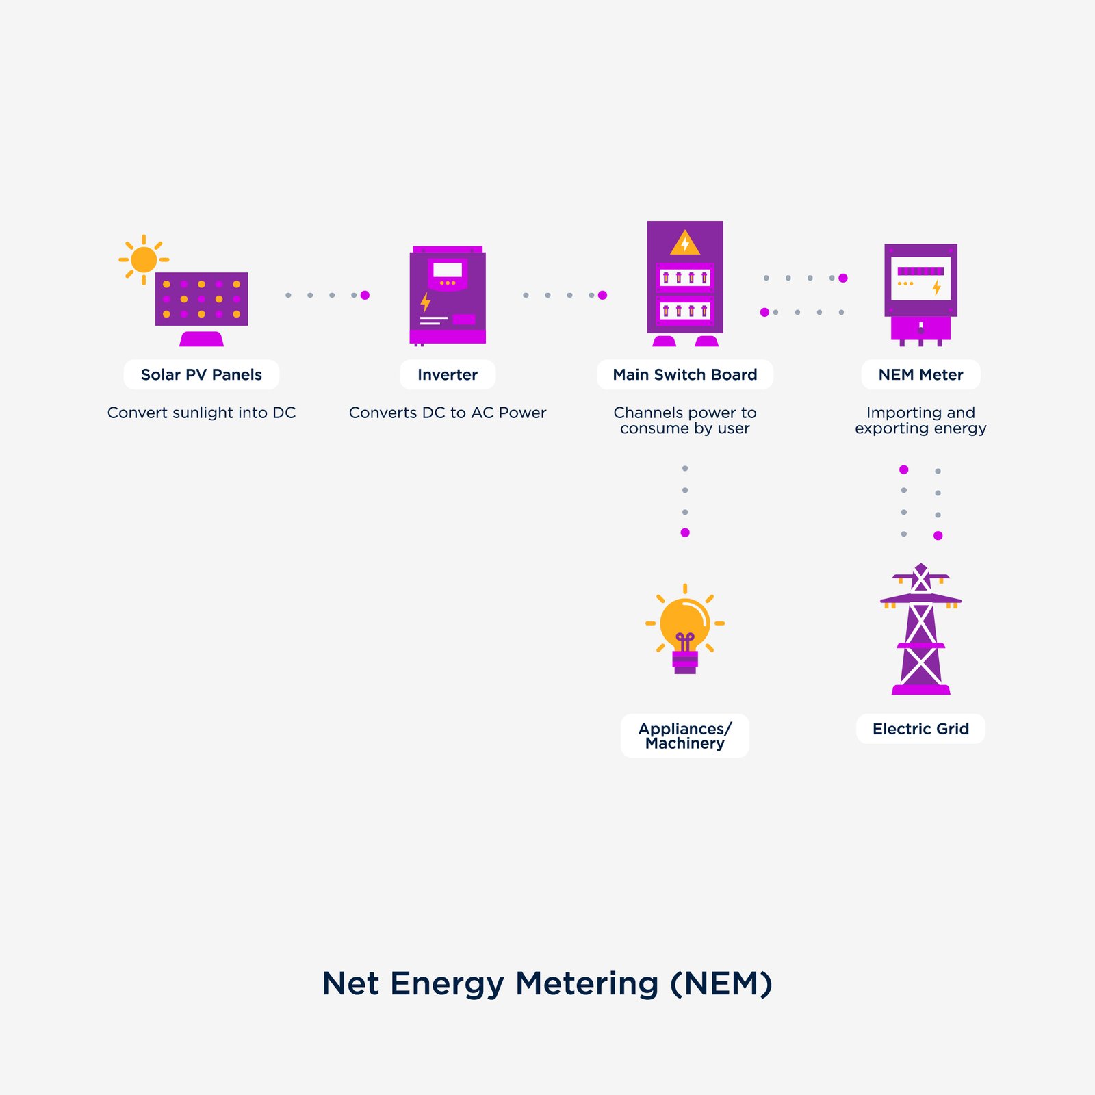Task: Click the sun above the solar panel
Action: click(144, 260)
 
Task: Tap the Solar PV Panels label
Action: click(201, 374)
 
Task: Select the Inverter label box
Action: click(448, 374)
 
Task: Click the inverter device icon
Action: click(448, 296)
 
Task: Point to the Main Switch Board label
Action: click(684, 374)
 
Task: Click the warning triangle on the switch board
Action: click(684, 243)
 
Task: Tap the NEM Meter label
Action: click(920, 374)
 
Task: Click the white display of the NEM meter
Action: click(920, 278)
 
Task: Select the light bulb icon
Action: click(684, 630)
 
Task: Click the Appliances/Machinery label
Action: click(684, 736)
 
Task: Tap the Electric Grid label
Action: click(920, 729)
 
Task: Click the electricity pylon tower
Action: click(920, 630)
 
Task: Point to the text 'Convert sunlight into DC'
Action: click(201, 413)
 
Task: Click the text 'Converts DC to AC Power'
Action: click(448, 413)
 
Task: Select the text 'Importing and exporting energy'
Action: click(920, 420)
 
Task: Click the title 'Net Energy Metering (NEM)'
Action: click(547, 983)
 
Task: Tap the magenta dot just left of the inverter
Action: click(365, 295)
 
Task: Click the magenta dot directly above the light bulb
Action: click(685, 532)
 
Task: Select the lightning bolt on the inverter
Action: click(425, 302)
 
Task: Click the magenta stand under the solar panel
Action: click(201, 339)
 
